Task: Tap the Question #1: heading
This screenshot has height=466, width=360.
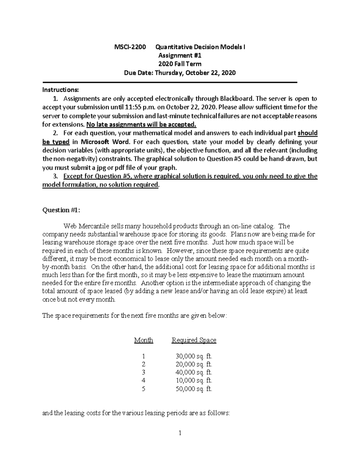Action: (x=61, y=210)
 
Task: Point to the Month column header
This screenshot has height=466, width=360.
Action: (x=143, y=340)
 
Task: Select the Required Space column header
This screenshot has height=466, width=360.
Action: (x=194, y=340)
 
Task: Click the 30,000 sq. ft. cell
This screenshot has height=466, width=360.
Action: (x=194, y=356)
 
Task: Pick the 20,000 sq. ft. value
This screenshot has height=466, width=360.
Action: (x=194, y=365)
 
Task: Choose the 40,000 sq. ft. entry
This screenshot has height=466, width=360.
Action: (x=194, y=373)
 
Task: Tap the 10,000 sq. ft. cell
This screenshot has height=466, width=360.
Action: (x=194, y=381)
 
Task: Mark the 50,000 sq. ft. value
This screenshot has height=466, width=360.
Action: (x=194, y=389)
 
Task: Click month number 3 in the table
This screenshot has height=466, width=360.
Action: (x=143, y=373)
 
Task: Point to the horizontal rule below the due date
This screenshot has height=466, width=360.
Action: (x=170, y=82)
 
